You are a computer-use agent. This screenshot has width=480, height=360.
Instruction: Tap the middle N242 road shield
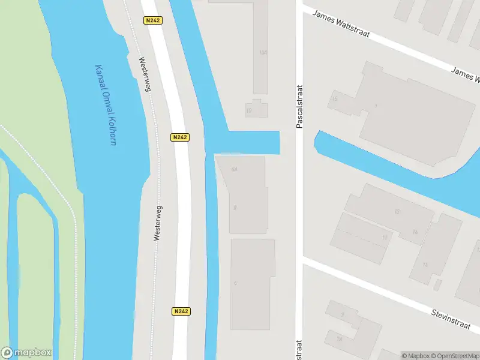pyautogui.click(x=180, y=137)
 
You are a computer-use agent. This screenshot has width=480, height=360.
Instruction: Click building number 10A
pyautogui.click(x=262, y=53)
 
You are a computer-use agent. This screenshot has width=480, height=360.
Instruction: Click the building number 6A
pyautogui.click(x=235, y=169)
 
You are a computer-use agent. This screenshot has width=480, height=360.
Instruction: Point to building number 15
pyautogui.click(x=335, y=98)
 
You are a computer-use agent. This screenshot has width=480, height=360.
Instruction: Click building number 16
pyautogui.click(x=415, y=232)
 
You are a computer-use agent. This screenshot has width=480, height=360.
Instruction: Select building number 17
pyautogui.click(x=385, y=238)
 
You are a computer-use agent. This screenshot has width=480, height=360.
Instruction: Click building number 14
pyautogui.click(x=425, y=265)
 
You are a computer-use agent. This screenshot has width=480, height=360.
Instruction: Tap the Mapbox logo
pyautogui.click(x=26, y=353)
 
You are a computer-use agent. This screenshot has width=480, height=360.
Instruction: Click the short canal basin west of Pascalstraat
pyautogui.click(x=252, y=142)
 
